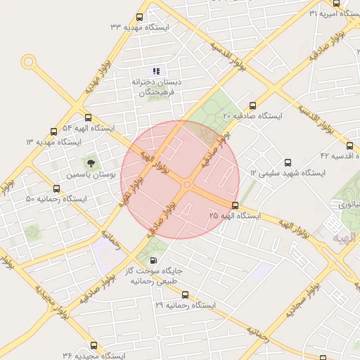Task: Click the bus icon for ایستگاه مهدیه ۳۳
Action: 139,18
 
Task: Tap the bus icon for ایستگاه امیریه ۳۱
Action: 337,14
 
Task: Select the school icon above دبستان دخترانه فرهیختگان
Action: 157,70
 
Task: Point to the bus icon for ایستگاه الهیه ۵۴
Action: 88,118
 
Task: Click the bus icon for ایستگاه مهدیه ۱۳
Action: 54,131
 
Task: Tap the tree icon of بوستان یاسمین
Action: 90,162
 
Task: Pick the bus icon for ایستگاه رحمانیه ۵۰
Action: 57,188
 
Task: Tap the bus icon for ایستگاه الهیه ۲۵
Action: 235,206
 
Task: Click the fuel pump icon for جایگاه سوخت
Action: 154,260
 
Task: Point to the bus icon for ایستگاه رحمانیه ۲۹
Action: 185,295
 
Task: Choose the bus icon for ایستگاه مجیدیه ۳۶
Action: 94,345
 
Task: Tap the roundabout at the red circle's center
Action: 187,184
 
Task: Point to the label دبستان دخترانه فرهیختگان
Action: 157,87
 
